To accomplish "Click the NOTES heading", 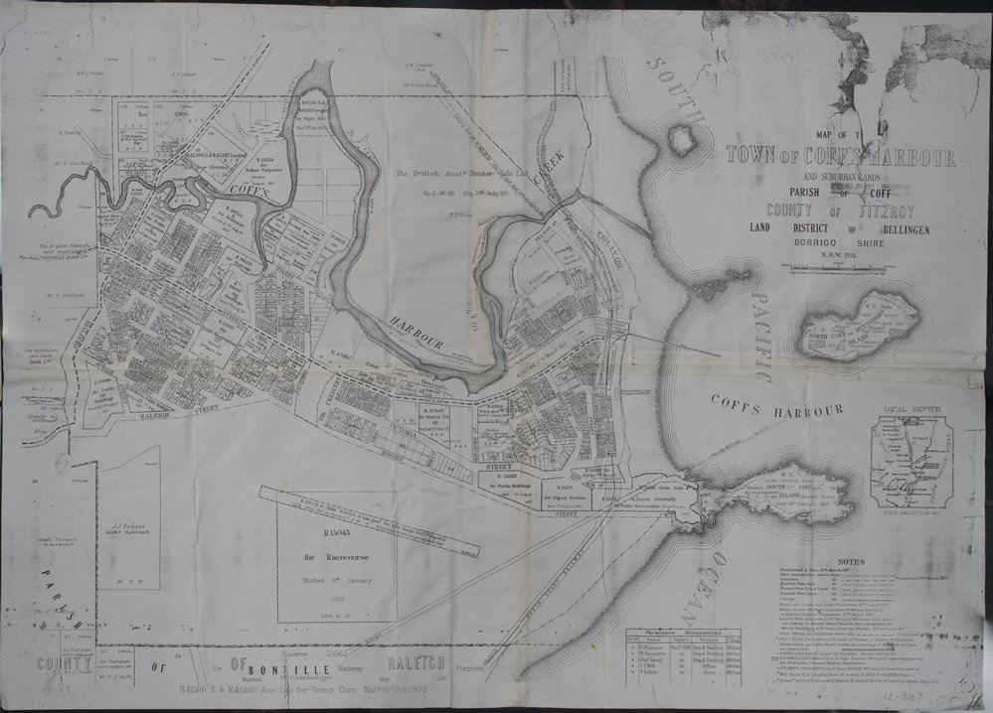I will tap(851, 561).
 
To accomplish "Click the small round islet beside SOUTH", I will tap(682, 140).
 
